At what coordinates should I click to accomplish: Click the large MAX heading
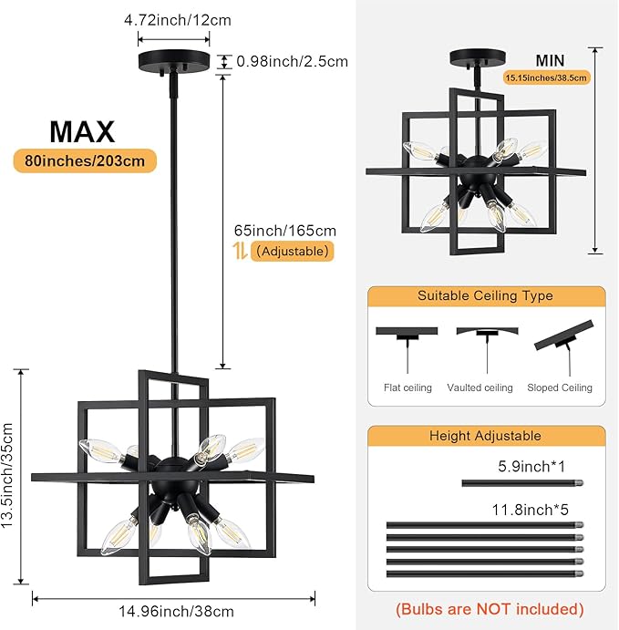(82, 131)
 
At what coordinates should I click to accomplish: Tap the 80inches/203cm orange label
(84, 161)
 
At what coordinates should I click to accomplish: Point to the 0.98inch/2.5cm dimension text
(292, 62)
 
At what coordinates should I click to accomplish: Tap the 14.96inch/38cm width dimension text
(173, 612)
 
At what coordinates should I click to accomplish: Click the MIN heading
(550, 60)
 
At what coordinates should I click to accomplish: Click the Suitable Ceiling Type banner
(485, 296)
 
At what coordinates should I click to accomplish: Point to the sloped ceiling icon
(562, 339)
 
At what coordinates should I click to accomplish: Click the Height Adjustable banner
(485, 437)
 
